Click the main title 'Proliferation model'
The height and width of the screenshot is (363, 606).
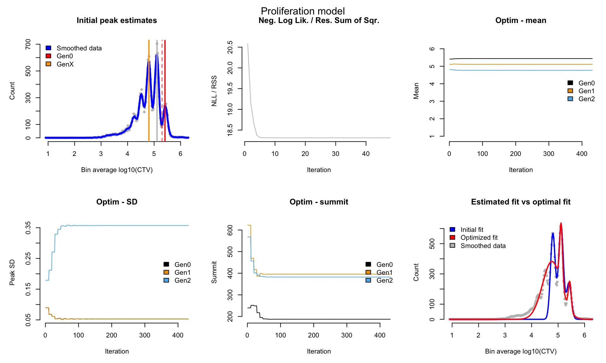tap(303, 11)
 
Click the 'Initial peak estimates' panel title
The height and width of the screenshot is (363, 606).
tap(117, 20)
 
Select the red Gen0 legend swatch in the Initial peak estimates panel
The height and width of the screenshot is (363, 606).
tap(48, 56)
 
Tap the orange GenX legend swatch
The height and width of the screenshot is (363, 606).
tap(48, 64)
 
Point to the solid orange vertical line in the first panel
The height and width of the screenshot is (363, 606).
tap(149, 91)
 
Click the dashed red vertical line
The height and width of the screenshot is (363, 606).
tap(162, 91)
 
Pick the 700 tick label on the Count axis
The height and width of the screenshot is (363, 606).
tap(28, 44)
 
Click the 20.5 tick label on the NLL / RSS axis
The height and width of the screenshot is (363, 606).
tap(230, 47)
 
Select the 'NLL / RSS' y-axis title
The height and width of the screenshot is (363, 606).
tap(214, 91)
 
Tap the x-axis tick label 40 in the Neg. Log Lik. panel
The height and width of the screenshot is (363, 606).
tap(366, 154)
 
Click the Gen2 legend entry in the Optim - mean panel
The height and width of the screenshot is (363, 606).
tap(581, 99)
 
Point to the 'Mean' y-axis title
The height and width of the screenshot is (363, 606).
tap(416, 91)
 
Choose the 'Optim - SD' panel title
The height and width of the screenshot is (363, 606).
tap(117, 202)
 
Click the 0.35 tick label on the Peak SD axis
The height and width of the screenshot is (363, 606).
tap(28, 228)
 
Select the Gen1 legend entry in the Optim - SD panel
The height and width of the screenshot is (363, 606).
tap(177, 273)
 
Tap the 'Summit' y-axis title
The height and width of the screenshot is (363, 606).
tap(214, 272)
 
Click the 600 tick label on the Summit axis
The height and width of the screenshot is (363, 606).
tap(230, 230)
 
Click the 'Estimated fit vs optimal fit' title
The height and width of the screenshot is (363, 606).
tap(521, 202)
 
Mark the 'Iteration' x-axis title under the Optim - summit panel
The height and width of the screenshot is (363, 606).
tap(319, 351)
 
